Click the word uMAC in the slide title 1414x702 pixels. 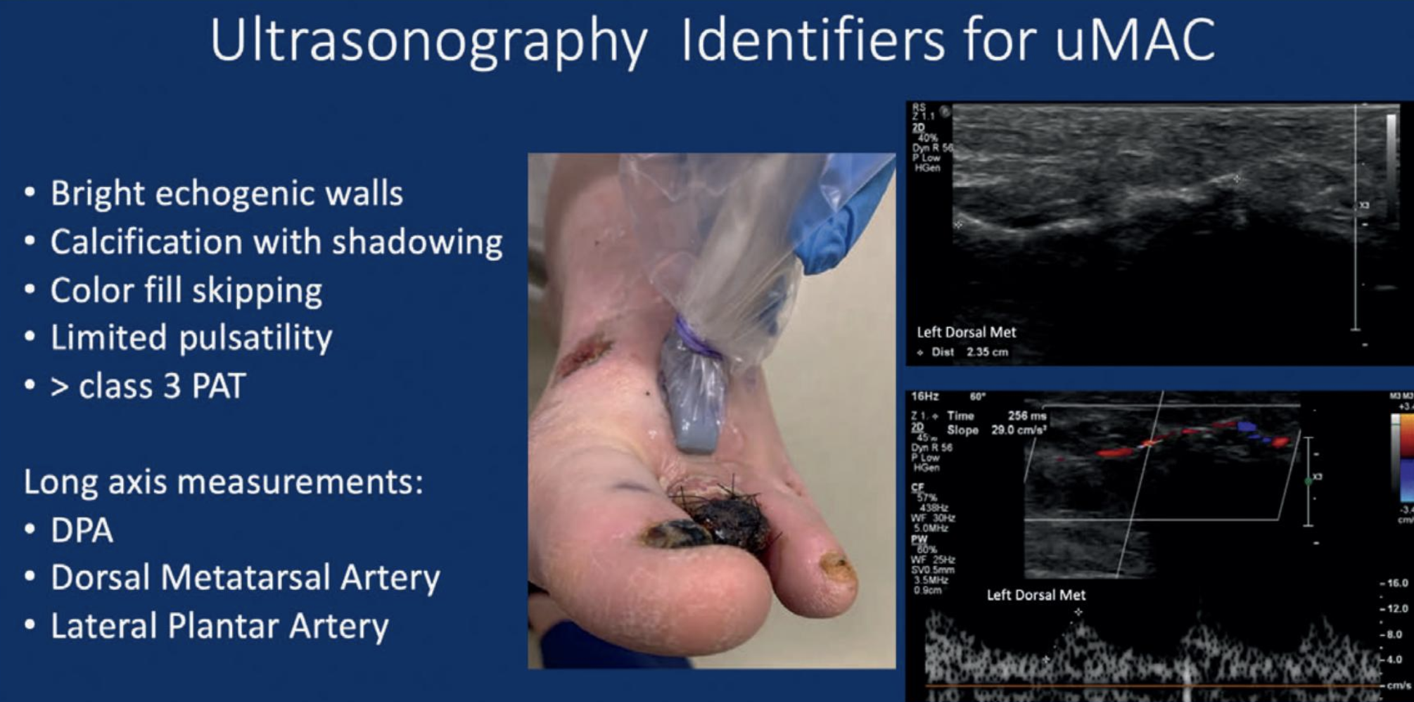click(x=1134, y=41)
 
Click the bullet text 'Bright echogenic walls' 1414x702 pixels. click(x=227, y=194)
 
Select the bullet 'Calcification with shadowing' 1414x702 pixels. click(x=276, y=242)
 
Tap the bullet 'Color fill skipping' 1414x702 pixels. click(x=186, y=291)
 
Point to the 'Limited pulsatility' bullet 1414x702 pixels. click(x=191, y=338)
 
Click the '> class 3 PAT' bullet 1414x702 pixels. click(x=148, y=386)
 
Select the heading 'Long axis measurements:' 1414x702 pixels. click(x=223, y=483)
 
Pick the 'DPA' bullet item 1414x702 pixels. click(x=82, y=530)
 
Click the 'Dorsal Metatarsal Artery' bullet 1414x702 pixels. click(x=245, y=578)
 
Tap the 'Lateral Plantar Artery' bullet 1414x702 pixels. click(x=219, y=626)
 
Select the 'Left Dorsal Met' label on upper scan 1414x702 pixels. click(x=966, y=332)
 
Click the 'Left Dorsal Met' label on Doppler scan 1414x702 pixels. click(x=1036, y=595)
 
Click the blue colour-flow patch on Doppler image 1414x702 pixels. click(x=1247, y=426)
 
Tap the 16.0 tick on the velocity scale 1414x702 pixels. click(x=1396, y=583)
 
